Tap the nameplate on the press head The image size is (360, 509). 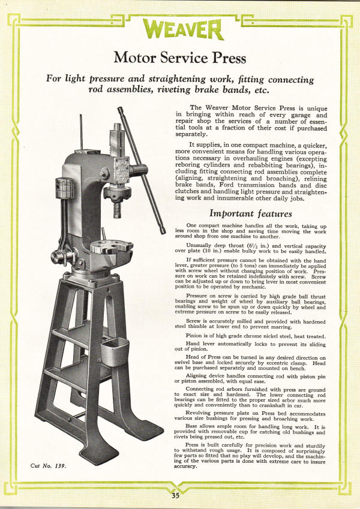(x=122, y=167)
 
